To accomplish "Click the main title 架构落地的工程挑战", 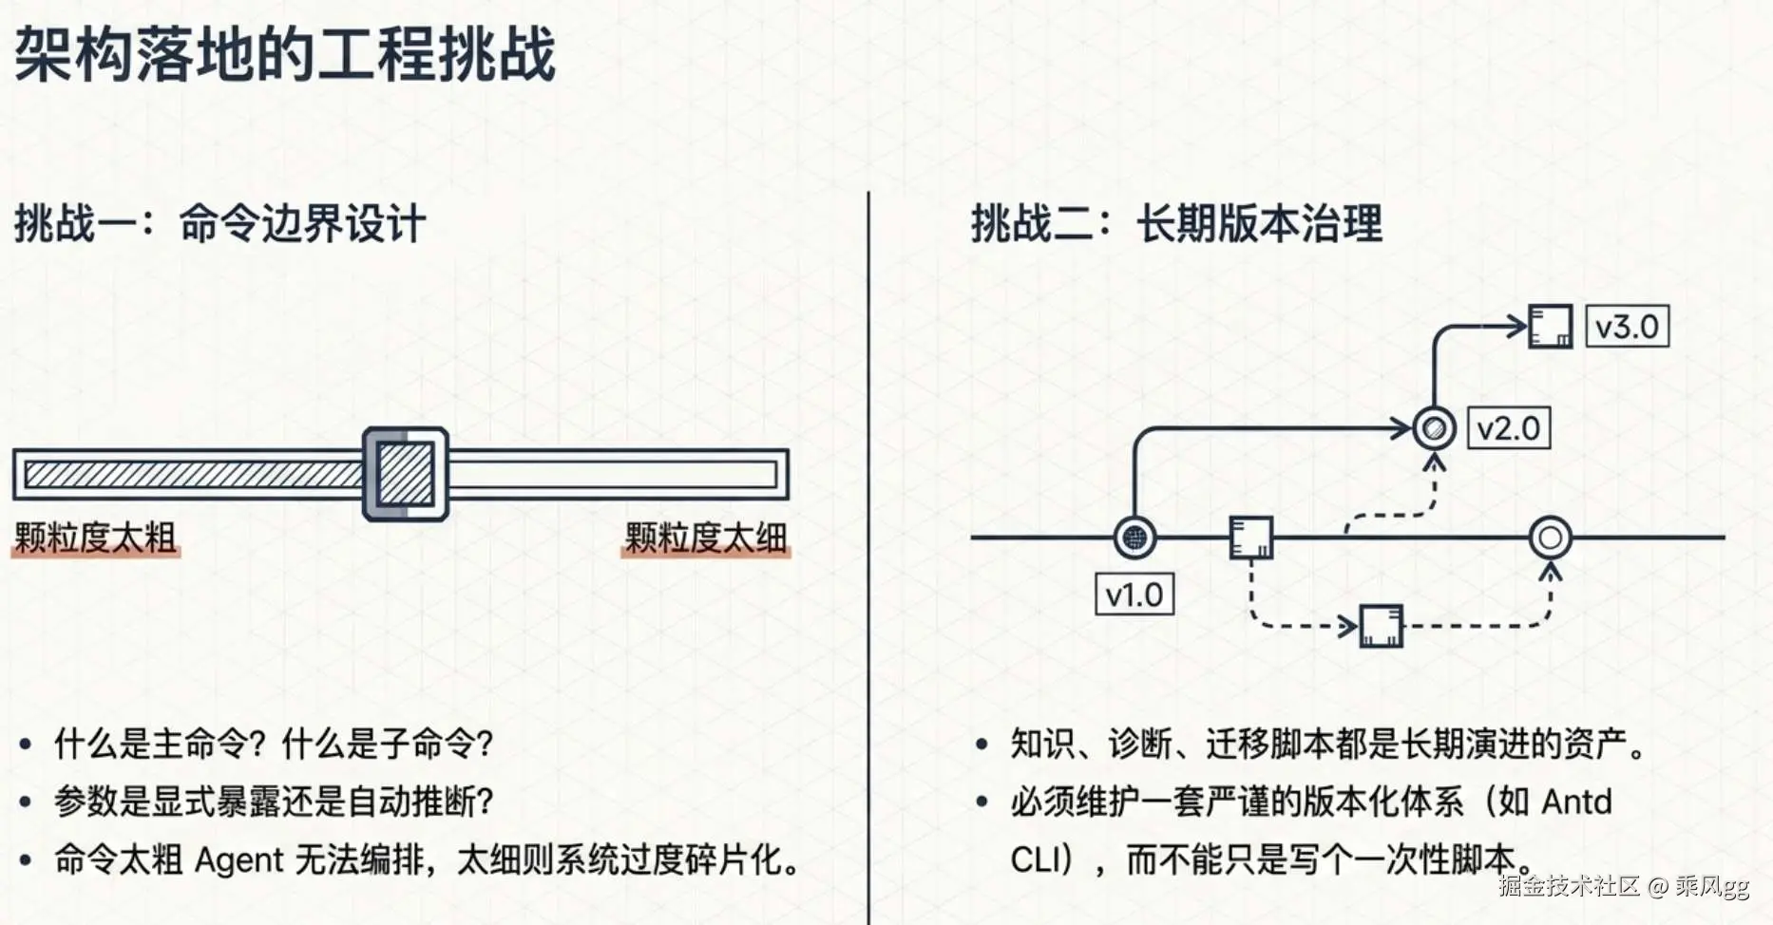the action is [x=284, y=54].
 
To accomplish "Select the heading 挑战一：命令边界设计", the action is [x=219, y=225].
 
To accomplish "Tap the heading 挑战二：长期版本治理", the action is [x=1176, y=225].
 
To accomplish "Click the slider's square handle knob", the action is [x=406, y=474].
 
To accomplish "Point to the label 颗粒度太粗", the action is [x=95, y=538].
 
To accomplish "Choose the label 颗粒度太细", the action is [x=706, y=538].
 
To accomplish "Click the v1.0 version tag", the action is [x=1134, y=595].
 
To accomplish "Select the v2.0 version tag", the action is [x=1509, y=428].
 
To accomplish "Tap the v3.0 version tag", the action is [x=1628, y=327].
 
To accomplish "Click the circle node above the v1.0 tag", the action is [x=1134, y=538].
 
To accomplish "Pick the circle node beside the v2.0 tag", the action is [x=1435, y=428].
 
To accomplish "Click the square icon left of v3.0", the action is [x=1551, y=327].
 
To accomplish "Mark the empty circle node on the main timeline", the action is [x=1551, y=538].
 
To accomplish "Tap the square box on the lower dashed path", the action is [x=1382, y=626].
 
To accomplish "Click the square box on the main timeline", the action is [x=1250, y=538].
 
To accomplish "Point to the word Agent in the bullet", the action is [x=239, y=860].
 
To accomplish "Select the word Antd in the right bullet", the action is [x=1576, y=802].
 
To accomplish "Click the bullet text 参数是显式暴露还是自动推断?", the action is [x=275, y=802].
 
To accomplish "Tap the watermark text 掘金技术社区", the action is [x=1570, y=886].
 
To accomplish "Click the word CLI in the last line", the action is [x=1033, y=860].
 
